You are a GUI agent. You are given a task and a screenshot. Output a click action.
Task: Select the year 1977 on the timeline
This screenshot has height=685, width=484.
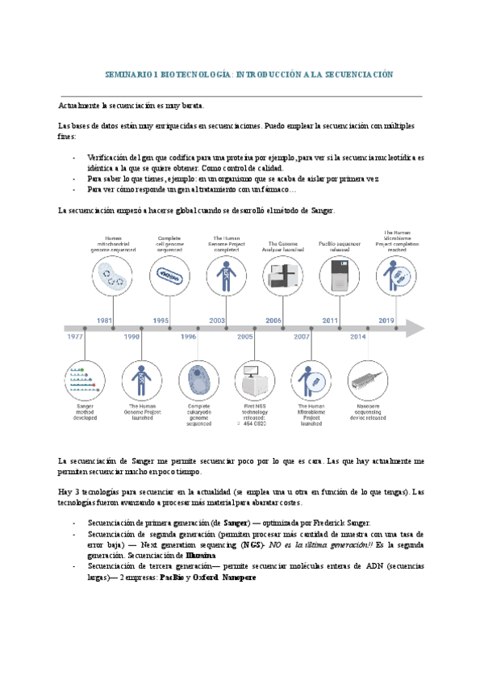(77, 336)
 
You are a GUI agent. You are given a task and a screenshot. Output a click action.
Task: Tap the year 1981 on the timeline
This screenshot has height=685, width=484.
(103, 321)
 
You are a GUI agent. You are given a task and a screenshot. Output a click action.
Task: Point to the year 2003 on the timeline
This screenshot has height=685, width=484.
(217, 321)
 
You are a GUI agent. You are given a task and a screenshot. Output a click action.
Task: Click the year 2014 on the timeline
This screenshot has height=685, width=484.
(357, 336)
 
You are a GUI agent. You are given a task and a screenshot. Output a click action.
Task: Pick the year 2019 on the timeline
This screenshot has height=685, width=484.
(386, 321)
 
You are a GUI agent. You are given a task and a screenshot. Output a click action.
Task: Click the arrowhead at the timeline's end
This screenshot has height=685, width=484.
(415, 328)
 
